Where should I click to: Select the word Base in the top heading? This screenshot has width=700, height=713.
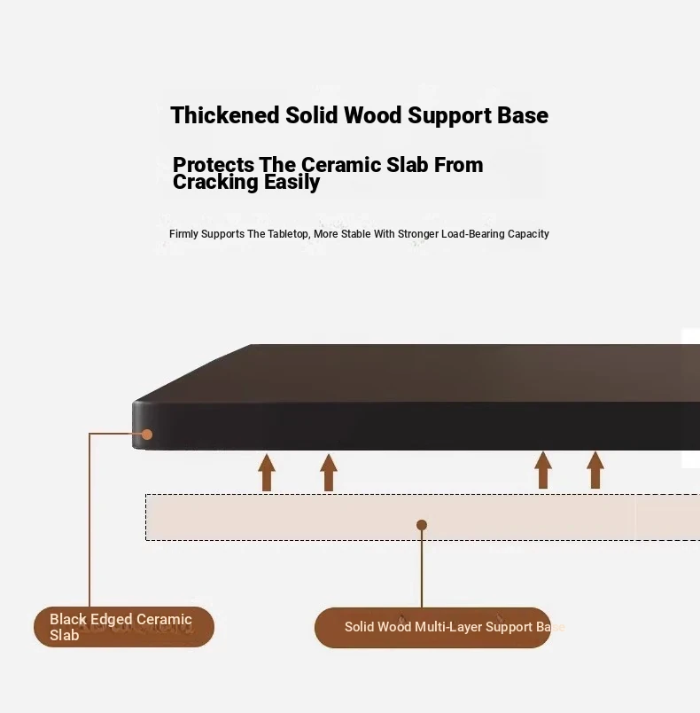523,116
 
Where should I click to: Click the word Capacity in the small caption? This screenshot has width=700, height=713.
528,234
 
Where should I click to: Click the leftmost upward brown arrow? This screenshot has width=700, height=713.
267,472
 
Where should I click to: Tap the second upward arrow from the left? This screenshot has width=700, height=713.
329,472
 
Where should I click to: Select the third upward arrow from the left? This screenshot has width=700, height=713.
543,470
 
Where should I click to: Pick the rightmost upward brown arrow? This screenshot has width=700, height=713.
595,470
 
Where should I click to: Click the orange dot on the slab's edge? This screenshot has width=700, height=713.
147,435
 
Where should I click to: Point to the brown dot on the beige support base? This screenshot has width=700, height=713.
422,525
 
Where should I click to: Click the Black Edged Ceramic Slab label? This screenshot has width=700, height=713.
124,627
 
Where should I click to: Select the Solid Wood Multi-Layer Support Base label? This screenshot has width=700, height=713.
432,627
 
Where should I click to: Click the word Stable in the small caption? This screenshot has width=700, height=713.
354,234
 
